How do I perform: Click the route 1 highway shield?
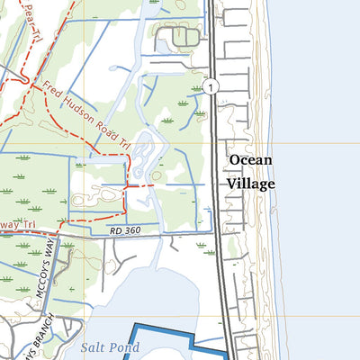pyautogui.click(x=210, y=87)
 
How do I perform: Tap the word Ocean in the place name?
pyautogui.click(x=250, y=161)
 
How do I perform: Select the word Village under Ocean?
pyautogui.click(x=250, y=182)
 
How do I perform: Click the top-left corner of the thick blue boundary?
pyautogui.click(x=133, y=326)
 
